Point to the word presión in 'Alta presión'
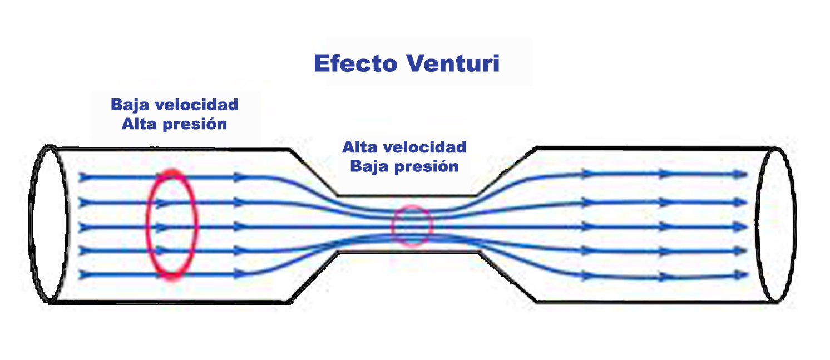194,125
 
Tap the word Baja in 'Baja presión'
369,166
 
